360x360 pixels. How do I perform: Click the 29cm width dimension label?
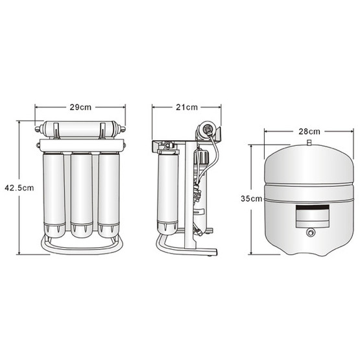point(80,107)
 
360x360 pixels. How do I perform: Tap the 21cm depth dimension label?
point(187,107)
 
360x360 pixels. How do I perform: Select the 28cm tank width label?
point(309,132)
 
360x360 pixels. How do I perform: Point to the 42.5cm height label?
point(19,188)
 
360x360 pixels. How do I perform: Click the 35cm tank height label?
point(252,198)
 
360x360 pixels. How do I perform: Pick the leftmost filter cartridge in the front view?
point(54,195)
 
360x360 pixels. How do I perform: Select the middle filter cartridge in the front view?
point(82,195)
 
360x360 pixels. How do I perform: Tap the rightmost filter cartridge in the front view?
point(109,195)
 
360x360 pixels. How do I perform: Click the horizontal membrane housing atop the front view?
point(80,129)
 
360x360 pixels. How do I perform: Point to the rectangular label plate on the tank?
point(312,216)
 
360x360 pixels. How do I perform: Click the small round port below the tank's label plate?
point(311,233)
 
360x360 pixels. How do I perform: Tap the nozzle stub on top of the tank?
point(309,142)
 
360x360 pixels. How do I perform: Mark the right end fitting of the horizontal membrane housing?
point(121,129)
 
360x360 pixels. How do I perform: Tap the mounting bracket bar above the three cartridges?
point(82,145)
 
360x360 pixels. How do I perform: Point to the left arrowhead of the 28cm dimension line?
point(266,131)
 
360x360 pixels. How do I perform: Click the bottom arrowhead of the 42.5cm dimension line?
point(19,252)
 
